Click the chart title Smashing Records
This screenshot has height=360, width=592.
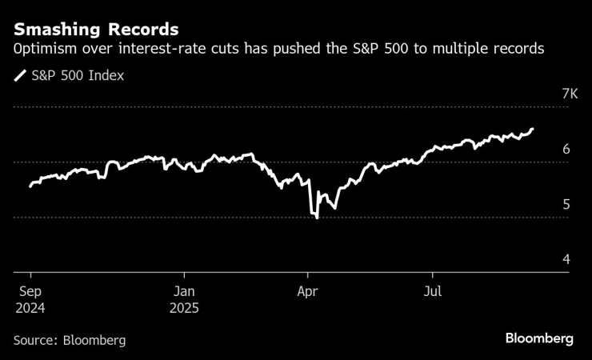point(95,31)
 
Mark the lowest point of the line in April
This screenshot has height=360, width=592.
point(318,218)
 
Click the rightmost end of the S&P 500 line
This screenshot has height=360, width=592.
point(534,129)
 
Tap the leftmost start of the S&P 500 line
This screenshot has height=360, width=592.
point(30,186)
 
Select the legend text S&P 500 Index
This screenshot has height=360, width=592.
point(78,77)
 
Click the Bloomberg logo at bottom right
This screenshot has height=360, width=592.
point(539,339)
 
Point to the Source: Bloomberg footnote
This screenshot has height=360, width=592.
point(70,340)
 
